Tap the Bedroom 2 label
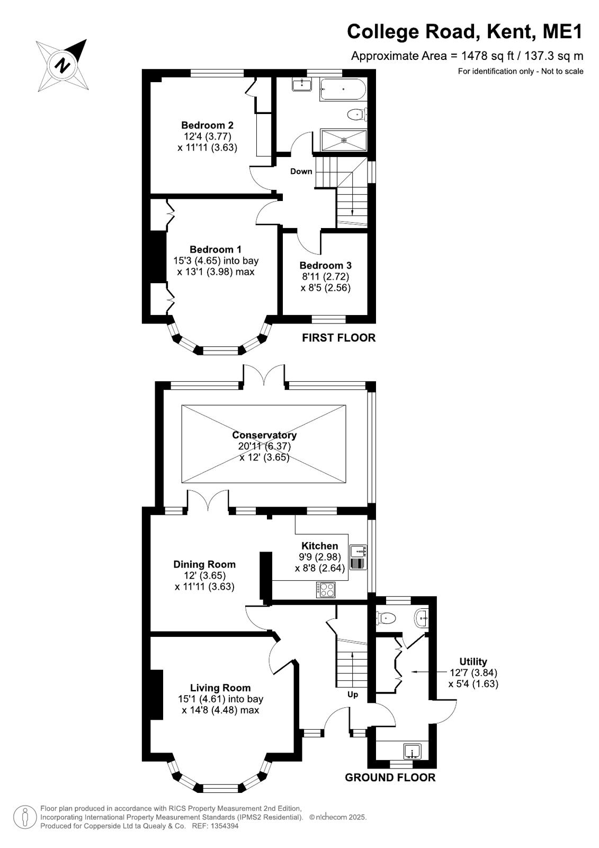tap(207, 125)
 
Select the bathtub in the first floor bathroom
tap(343, 90)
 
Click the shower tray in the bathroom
tap(343, 140)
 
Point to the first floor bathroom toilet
tap(357, 115)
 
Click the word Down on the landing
tap(301, 171)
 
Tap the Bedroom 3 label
tap(326, 265)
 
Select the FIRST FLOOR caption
tap(339, 338)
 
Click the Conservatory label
tap(264, 435)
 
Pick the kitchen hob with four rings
tap(326, 590)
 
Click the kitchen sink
tap(358, 551)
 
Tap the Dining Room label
tap(204, 564)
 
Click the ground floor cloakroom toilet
tap(386, 618)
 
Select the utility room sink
tap(413, 751)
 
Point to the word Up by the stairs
tap(352, 694)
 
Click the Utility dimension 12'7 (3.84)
tap(473, 672)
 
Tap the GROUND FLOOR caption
tap(390, 777)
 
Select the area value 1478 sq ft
tap(487, 56)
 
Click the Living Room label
tap(220, 688)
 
